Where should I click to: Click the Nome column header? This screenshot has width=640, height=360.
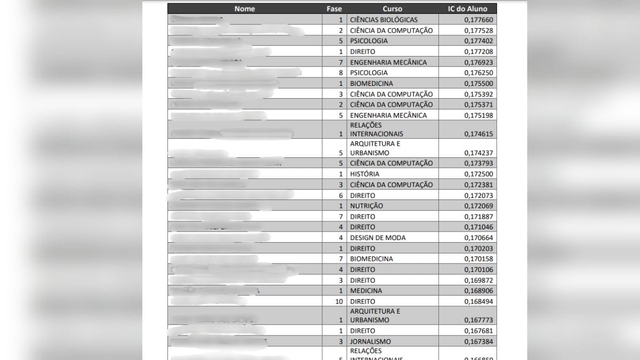245,9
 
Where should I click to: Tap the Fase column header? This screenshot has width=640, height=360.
334,9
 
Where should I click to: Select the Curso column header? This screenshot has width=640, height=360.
393,9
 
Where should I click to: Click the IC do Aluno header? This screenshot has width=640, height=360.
467,9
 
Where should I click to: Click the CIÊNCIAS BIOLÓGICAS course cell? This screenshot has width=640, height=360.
384,20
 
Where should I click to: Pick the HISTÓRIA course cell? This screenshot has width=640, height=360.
365,174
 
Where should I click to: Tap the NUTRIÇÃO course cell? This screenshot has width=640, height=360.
366,206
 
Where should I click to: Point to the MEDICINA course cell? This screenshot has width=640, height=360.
366,291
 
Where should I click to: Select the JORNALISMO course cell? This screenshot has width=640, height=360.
370,341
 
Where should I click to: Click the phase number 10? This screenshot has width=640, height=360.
339,301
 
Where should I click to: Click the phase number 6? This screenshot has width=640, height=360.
341,195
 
